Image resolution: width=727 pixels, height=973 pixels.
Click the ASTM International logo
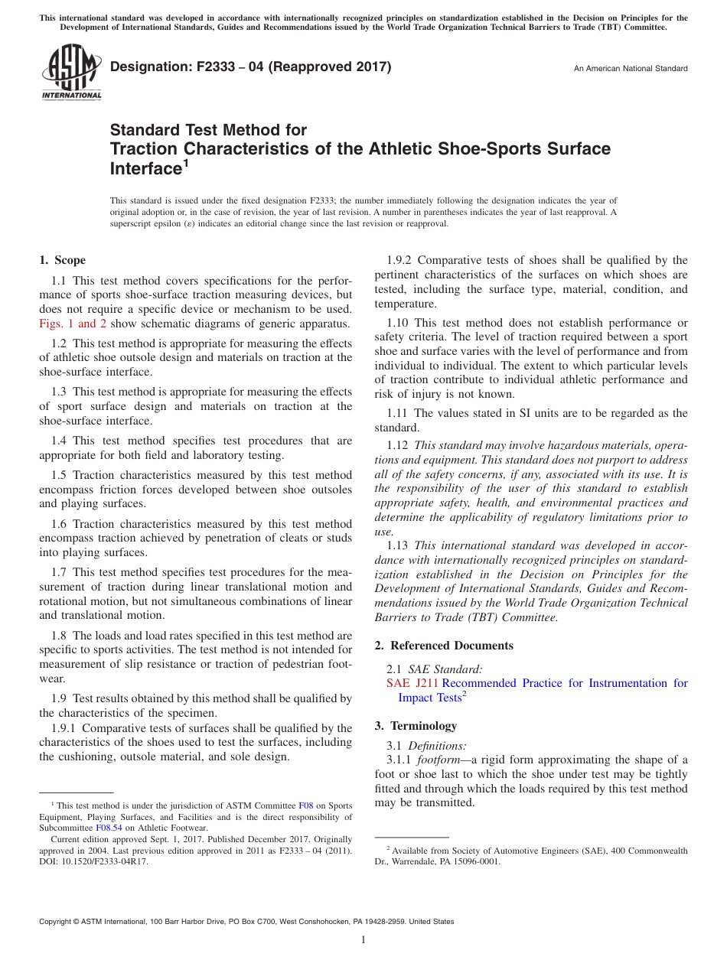[70, 72]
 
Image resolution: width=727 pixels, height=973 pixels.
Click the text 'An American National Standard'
[631, 69]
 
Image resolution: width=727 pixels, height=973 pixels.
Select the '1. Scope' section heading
[63, 260]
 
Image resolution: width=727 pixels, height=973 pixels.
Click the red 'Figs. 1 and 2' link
[73, 323]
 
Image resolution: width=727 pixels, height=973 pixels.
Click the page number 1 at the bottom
[363, 940]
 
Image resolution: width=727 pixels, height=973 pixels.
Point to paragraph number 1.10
[398, 323]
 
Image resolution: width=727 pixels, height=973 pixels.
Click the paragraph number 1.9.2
[400, 261]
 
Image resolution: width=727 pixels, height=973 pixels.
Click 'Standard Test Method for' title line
[208, 130]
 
